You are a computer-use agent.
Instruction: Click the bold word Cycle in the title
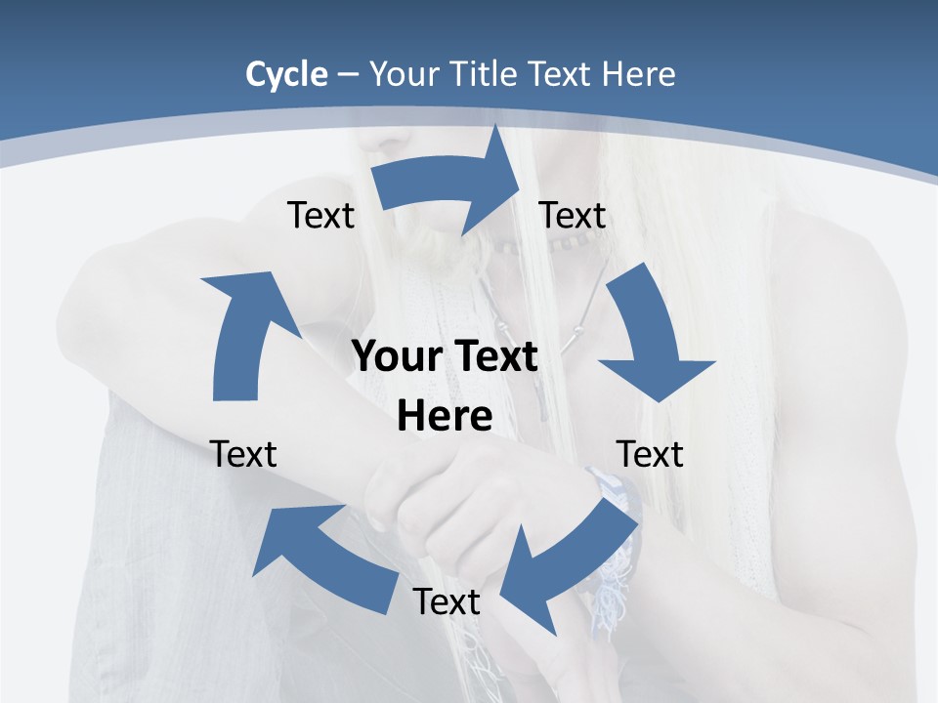pyautogui.click(x=286, y=74)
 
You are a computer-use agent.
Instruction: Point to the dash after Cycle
pyautogui.click(x=347, y=75)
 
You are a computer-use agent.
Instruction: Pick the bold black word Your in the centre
pyautogui.click(x=394, y=356)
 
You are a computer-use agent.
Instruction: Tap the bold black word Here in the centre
pyautogui.click(x=445, y=416)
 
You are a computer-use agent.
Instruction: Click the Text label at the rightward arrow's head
pyautogui.click(x=573, y=215)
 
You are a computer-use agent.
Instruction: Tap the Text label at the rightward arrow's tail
pyautogui.click(x=320, y=215)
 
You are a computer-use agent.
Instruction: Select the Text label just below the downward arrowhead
pyautogui.click(x=650, y=454)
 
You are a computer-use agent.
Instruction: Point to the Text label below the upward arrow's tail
pyautogui.click(x=243, y=454)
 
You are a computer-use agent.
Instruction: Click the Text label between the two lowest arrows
pyautogui.click(x=447, y=601)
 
